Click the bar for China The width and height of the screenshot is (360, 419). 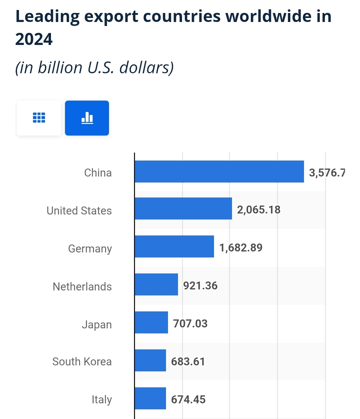click(x=219, y=172)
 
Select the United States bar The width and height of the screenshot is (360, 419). click(x=183, y=209)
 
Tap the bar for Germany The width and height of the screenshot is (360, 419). click(x=174, y=246)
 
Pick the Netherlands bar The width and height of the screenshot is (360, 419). click(x=156, y=284)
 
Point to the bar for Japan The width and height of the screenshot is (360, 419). click(x=151, y=322)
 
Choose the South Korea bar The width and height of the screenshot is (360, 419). click(x=150, y=360)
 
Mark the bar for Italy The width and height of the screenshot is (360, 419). click(x=150, y=398)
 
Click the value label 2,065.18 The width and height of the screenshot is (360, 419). click(x=259, y=210)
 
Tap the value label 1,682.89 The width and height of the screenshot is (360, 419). click(x=241, y=248)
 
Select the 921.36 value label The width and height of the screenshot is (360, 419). click(x=200, y=286)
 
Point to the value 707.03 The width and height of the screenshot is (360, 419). click(x=190, y=324)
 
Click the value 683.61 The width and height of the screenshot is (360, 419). click(x=188, y=362)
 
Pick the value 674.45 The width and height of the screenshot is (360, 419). click(x=188, y=400)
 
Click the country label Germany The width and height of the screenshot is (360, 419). click(x=90, y=249)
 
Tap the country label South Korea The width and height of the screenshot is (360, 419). click(x=82, y=362)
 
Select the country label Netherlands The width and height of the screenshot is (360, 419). click(x=82, y=286)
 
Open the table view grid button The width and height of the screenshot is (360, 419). click(x=39, y=118)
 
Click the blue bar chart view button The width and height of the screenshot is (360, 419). click(x=87, y=118)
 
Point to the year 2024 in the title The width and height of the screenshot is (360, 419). click(x=34, y=39)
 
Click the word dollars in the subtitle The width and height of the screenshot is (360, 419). click(x=146, y=68)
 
